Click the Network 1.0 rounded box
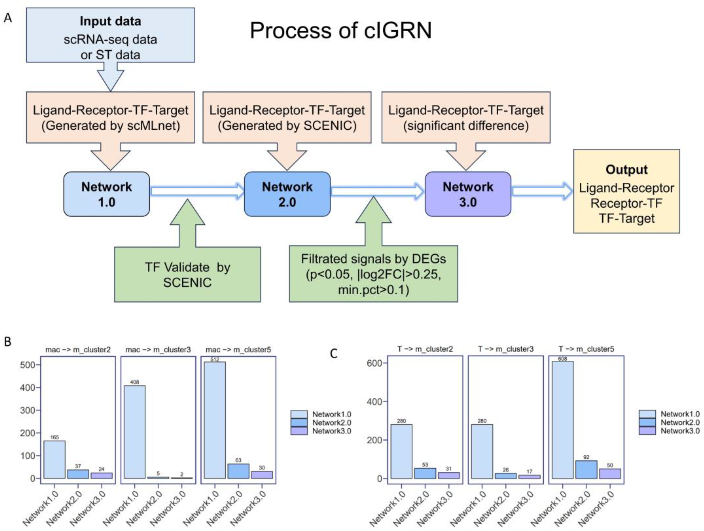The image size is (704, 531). click(x=106, y=194)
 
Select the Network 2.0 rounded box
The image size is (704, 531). click(x=287, y=194)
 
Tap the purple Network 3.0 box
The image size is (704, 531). click(x=468, y=194)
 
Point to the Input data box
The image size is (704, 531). click(x=111, y=35)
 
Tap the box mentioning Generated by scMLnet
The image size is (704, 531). click(x=111, y=117)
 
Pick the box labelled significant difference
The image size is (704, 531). click(x=466, y=117)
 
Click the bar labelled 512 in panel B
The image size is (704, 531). click(x=215, y=420)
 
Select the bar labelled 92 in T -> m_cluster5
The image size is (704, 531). click(x=586, y=469)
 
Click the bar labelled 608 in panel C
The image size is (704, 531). click(x=563, y=420)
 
